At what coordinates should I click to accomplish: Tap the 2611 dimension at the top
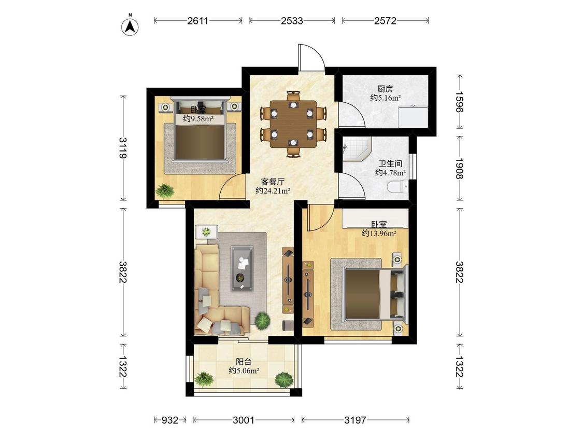tap(197, 20)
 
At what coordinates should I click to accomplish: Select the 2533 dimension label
tap(292, 20)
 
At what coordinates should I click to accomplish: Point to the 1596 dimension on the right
tap(460, 102)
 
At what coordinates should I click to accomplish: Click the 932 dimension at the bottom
tap(170, 420)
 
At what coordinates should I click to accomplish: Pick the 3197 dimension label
tap(355, 420)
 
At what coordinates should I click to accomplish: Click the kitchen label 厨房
tap(385, 89)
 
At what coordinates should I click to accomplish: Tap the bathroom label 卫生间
tap(390, 164)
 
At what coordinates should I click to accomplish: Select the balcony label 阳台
tap(244, 362)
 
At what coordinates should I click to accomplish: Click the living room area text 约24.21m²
tap(273, 190)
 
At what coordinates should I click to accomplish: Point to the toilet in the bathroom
tap(397, 187)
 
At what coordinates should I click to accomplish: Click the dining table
tap(293, 124)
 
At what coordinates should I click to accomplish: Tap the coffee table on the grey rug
tap(242, 268)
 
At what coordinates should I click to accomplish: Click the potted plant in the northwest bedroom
tap(165, 191)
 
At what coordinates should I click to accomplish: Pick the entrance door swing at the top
tap(311, 57)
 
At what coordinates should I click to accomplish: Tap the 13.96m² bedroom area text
tap(379, 234)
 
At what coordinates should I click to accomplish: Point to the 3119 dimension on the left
tap(123, 148)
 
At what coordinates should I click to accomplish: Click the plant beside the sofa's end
tap(263, 320)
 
